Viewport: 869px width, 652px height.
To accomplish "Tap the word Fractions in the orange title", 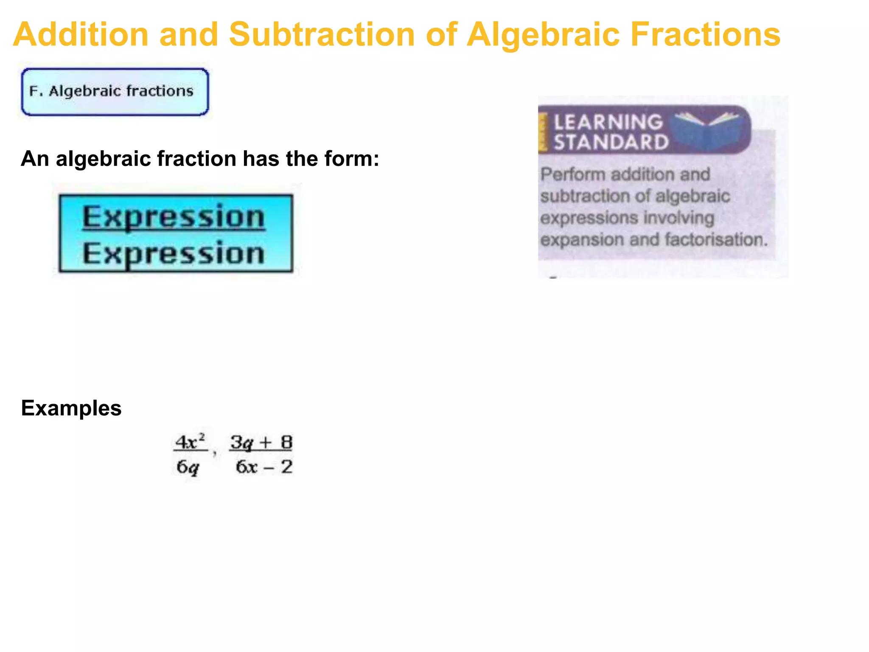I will click(705, 35).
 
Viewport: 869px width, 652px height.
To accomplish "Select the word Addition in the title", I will click(81, 35).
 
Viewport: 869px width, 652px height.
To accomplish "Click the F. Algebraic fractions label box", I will click(115, 92).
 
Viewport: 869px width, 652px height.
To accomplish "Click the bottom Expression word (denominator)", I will click(174, 253).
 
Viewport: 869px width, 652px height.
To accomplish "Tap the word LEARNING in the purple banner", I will click(608, 122).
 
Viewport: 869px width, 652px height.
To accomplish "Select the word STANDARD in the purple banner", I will click(611, 142).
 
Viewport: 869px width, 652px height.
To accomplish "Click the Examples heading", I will click(71, 408).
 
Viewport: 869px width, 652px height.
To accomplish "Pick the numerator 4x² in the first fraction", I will click(190, 442).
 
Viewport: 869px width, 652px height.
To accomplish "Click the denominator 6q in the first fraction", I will click(188, 467).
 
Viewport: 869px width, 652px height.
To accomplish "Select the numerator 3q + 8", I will click(261, 442).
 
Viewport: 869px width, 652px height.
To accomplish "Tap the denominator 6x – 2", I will click(264, 467).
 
